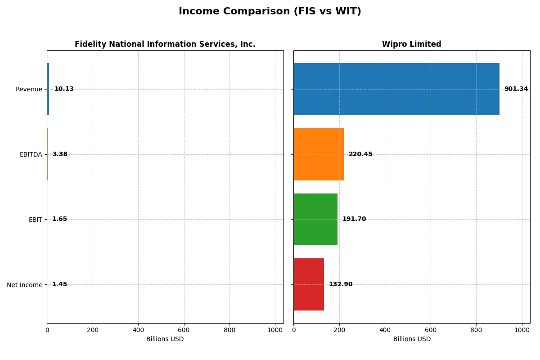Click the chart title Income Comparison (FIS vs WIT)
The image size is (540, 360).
pos(270,11)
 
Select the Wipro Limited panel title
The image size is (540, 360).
pos(411,44)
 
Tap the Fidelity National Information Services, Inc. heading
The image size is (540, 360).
pos(165,44)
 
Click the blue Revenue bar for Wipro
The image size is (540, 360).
pos(396,89)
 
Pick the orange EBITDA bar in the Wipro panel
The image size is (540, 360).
pos(319,154)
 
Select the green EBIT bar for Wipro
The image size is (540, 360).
pos(315,219)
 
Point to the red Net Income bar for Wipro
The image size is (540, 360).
pos(309,284)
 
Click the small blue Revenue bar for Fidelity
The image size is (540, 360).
pos(48,89)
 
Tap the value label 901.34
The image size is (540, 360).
pos(516,89)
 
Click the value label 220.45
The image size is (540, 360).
pos(360,154)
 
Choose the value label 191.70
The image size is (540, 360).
pos(354,219)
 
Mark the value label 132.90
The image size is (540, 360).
pos(341,284)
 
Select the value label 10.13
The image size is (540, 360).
pos(64,89)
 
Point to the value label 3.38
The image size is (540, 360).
pos(60,154)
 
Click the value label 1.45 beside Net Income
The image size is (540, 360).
pos(59,284)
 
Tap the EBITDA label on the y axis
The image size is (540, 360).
pos(31,154)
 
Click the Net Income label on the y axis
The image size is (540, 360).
pos(24,285)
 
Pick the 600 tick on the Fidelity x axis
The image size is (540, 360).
pos(184,329)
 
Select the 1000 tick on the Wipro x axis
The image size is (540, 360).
pos(522,329)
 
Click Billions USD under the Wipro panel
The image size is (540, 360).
pos(411,339)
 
